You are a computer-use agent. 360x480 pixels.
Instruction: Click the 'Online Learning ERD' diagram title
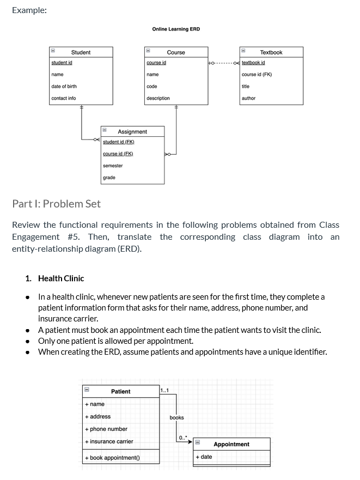pos(176,29)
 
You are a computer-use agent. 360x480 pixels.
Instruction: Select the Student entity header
pos(81,52)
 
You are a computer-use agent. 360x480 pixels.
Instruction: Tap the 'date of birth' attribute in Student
pos(64,86)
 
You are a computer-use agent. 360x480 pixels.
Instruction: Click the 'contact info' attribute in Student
pos(63,98)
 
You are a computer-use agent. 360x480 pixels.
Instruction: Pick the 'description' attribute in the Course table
pos(158,98)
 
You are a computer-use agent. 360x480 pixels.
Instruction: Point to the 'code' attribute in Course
pos(152,86)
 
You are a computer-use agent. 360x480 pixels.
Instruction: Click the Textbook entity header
pos(271,52)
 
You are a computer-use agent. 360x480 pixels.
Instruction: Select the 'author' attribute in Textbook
pos(248,98)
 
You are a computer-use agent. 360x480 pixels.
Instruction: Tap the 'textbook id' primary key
pos(253,63)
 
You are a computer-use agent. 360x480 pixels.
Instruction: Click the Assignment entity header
pos(132,132)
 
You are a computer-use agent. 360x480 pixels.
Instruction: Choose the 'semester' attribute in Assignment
pos(113,166)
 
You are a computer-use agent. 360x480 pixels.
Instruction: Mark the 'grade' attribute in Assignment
pos(109,178)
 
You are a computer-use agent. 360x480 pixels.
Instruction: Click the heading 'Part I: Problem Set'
pos(56,204)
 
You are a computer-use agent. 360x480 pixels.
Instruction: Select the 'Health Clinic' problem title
pos(61,278)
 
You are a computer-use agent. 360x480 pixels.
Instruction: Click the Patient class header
pos(120,392)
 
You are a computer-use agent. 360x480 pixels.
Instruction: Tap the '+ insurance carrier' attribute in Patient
pos(109,441)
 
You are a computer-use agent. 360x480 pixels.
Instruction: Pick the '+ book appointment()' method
pos(112,458)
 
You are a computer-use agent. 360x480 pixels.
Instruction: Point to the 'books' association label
pos(176,418)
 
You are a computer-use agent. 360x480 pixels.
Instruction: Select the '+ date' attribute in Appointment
pos(204,457)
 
